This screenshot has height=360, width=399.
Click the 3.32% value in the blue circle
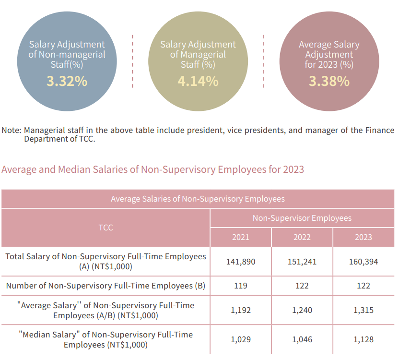(67, 81)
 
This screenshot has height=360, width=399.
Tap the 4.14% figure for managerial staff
(198, 81)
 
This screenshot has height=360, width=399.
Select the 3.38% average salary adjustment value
(329, 81)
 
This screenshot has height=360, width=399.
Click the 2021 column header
(240, 237)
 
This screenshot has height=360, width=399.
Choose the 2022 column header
(302, 237)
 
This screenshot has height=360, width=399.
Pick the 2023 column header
(364, 237)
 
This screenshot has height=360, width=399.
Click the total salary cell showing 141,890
(240, 262)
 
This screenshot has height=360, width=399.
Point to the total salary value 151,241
(302, 262)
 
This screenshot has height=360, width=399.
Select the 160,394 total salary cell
(364, 262)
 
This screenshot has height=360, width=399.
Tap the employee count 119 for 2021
(240, 286)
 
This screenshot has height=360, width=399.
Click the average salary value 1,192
(240, 310)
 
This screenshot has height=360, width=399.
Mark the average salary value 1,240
(302, 310)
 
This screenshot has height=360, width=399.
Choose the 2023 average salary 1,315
(364, 310)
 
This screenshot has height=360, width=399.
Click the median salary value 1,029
(240, 339)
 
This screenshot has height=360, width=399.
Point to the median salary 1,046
(302, 339)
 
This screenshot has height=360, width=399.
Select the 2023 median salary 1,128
(364, 339)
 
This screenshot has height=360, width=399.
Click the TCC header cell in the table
(106, 228)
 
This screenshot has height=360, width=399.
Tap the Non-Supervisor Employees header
(302, 218)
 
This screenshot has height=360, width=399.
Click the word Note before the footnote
(11, 131)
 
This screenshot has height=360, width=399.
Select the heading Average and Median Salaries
(153, 169)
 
